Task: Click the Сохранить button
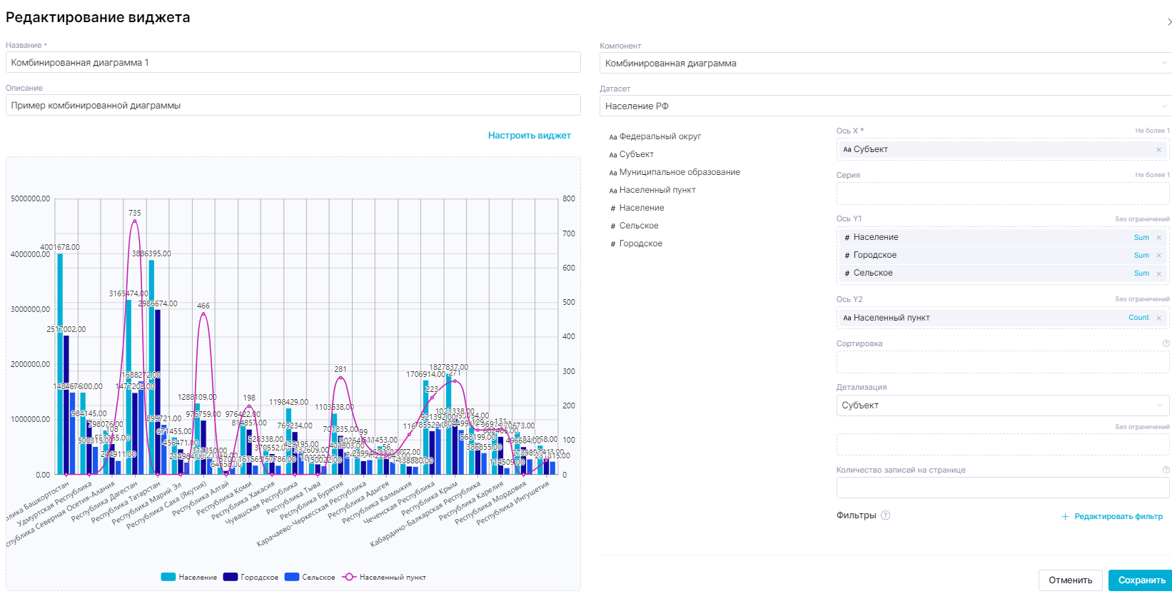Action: point(1141,580)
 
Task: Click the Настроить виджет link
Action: point(529,136)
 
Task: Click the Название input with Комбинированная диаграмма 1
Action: point(293,63)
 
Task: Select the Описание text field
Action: point(293,106)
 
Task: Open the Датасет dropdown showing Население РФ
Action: point(884,106)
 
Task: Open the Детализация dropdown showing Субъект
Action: point(1002,406)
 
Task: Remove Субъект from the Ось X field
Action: point(1158,150)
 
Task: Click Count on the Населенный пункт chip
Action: point(1138,318)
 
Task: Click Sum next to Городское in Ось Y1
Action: point(1141,256)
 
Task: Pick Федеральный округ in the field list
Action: point(660,136)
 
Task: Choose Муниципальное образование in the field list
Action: point(679,172)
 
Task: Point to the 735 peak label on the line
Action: point(135,213)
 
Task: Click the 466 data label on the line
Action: point(203,306)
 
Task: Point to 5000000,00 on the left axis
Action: point(30,199)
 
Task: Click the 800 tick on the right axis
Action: point(569,199)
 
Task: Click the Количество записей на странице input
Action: point(1002,488)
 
